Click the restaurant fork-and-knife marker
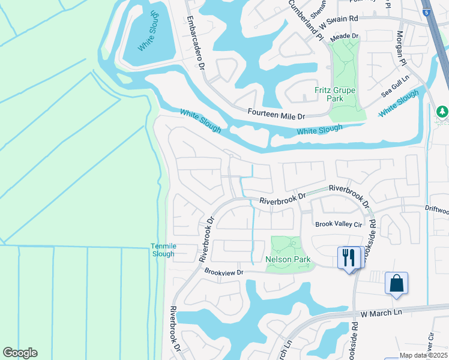[349, 257]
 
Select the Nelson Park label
[288, 260]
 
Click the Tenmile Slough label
[162, 250]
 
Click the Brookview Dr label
[223, 272]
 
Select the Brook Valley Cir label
[339, 224]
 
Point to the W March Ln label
[381, 313]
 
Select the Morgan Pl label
[402, 47]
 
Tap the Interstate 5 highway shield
[426, 11]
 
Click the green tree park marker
[442, 112]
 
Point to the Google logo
[20, 353]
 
